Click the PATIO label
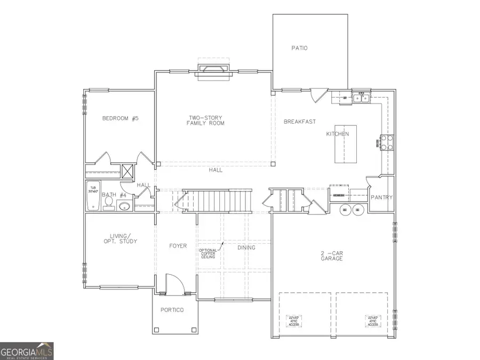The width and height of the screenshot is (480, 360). (x=299, y=48)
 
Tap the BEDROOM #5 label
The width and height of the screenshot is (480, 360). (x=120, y=118)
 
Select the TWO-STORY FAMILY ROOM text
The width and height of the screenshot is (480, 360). (x=205, y=121)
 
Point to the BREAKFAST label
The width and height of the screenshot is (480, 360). (x=300, y=122)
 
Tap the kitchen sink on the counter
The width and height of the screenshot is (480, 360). (x=359, y=98)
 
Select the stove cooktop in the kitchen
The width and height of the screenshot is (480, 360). (x=386, y=141)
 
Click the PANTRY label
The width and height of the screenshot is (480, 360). (x=382, y=198)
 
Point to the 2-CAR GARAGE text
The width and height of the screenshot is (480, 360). (x=332, y=255)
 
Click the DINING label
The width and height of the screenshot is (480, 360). (x=246, y=247)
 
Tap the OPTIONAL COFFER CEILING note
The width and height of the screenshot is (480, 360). (x=208, y=254)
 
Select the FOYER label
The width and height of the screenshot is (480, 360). (x=178, y=246)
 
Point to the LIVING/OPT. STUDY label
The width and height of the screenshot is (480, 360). (x=120, y=238)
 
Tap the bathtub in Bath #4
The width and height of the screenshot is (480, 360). (x=94, y=195)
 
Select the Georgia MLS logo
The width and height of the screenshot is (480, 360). (x=27, y=351)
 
